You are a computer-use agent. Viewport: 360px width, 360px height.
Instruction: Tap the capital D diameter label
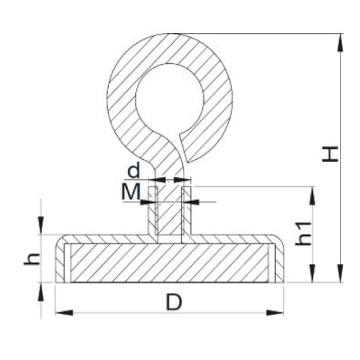pyautogui.click(x=173, y=303)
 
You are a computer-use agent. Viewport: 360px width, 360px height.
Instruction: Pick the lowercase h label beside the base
pyautogui.click(x=30, y=258)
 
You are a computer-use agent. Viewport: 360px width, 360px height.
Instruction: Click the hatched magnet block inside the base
pyautogui.click(x=169, y=263)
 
